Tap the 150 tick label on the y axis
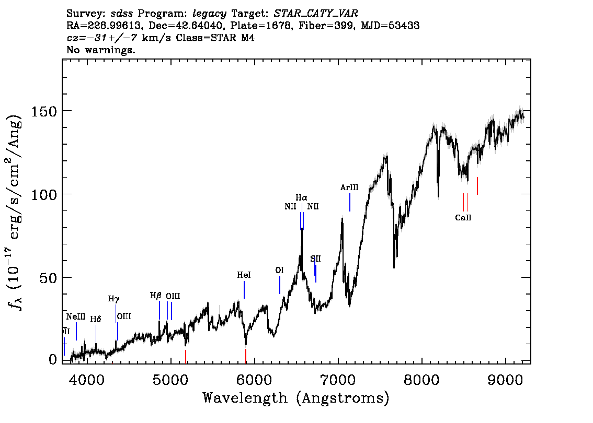click(x=44, y=111)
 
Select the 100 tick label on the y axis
click(x=44, y=194)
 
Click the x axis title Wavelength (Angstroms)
click(x=296, y=398)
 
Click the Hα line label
click(x=301, y=197)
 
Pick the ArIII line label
click(x=349, y=187)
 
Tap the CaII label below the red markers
click(x=463, y=218)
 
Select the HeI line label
click(x=244, y=275)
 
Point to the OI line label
click(x=279, y=271)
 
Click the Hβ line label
click(x=156, y=296)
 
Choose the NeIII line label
click(x=76, y=317)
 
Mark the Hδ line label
click(x=95, y=319)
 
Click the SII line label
click(x=315, y=259)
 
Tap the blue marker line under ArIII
click(x=350, y=202)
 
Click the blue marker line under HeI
click(x=244, y=290)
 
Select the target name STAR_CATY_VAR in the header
click(x=316, y=14)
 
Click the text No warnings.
click(x=101, y=50)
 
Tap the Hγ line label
click(x=113, y=299)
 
